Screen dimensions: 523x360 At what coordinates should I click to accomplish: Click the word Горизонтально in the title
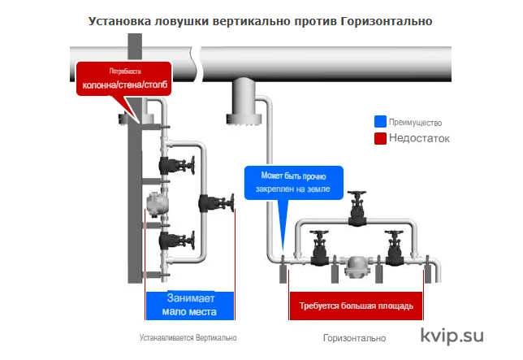[387, 21]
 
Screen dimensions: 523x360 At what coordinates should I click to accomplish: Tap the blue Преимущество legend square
[380, 122]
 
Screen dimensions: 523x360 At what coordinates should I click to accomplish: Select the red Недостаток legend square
[380, 138]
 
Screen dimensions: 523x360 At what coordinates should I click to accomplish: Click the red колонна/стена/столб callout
[123, 79]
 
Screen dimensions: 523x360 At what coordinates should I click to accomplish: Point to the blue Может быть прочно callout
[294, 183]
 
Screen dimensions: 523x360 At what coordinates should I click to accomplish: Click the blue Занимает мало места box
[190, 306]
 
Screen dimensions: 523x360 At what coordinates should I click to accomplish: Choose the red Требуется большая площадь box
[356, 306]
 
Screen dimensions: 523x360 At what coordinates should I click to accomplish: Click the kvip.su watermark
[452, 336]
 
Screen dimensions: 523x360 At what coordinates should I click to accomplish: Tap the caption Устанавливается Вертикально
[188, 337]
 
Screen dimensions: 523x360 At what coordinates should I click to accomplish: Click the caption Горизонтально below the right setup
[354, 338]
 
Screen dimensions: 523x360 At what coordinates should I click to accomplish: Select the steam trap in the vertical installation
[157, 203]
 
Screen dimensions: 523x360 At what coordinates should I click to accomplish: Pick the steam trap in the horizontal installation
[357, 267]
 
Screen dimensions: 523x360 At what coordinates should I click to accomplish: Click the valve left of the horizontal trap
[320, 248]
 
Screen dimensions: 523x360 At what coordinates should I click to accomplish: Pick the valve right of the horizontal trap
[395, 248]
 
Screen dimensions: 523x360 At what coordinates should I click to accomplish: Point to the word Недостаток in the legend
[419, 138]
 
